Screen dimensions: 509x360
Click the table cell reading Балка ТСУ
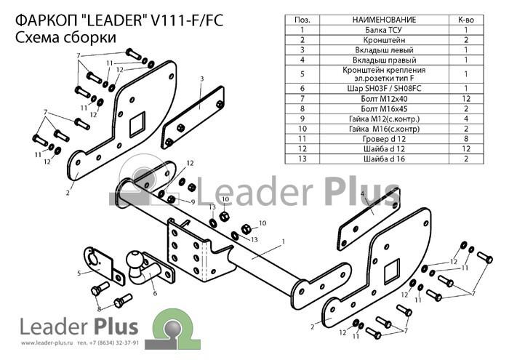click(384, 30)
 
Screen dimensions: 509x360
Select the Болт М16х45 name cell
click(384, 109)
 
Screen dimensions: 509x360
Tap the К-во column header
click(466, 20)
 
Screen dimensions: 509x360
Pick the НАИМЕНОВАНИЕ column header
click(384, 20)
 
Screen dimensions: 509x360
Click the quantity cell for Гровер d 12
click(466, 139)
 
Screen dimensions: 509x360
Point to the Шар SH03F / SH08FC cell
click(384, 88)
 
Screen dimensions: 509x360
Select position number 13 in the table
click(302, 159)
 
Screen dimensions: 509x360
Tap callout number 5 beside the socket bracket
click(79, 273)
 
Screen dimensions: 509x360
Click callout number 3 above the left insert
click(201, 79)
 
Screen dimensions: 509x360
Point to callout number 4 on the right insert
click(362, 194)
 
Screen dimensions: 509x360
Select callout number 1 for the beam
click(284, 241)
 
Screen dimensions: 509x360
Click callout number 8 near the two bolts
click(99, 308)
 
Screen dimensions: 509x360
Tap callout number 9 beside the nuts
click(193, 202)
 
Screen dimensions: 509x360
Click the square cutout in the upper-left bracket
click(137, 124)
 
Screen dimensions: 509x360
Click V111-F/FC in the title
click(188, 21)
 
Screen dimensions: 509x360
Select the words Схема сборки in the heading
click(65, 37)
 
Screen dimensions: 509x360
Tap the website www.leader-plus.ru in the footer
click(46, 343)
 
